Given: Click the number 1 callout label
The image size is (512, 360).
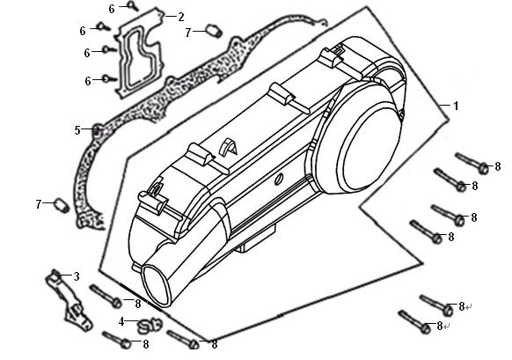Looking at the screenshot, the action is [456, 106].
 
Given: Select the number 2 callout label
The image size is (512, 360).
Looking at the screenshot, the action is [181, 17].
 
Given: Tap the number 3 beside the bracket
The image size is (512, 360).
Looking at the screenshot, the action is [77, 276].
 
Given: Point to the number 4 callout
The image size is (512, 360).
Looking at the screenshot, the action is [121, 321].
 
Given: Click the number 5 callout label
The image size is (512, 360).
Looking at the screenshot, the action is [77, 130].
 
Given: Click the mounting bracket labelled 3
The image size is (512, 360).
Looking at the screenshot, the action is [69, 300].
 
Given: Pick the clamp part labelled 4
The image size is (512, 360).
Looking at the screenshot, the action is [150, 326].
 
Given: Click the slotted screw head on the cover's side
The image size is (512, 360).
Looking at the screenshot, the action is [279, 179].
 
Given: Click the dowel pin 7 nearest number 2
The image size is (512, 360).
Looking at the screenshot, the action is [214, 31].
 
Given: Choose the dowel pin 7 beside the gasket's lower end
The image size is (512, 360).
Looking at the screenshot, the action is [62, 205].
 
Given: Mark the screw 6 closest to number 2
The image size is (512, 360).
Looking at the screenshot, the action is [132, 5].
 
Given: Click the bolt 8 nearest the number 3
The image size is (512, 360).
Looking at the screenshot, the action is [106, 296].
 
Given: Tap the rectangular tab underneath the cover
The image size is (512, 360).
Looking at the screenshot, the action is [256, 239].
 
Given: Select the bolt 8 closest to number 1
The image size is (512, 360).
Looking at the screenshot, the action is [472, 163].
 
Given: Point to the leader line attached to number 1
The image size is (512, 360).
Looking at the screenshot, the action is [445, 106].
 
